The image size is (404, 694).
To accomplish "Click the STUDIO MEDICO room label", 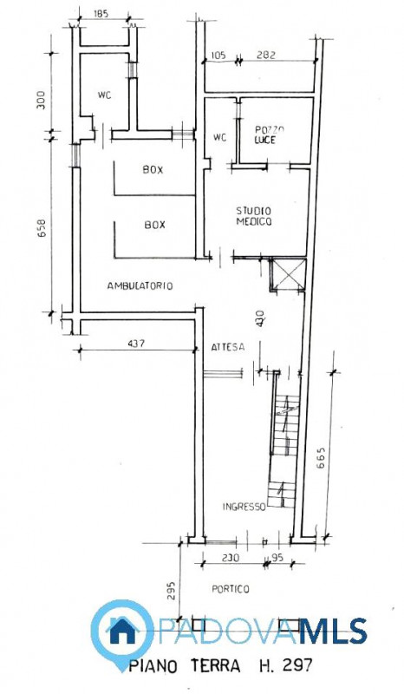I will [255, 216].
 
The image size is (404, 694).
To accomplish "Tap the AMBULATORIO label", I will [140, 285].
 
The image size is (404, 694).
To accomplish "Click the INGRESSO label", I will [244, 507].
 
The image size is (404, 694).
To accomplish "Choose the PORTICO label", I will [231, 589].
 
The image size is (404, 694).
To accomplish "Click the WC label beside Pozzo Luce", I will [220, 137].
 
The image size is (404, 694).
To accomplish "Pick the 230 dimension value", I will [231, 559].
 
